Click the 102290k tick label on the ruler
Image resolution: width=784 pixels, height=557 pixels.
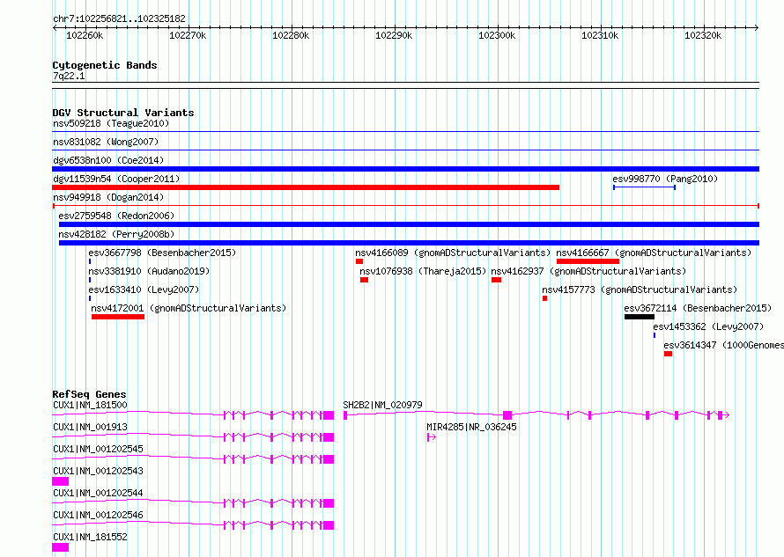[x=394, y=35]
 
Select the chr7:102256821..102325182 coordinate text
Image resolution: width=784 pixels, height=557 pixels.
[x=119, y=18]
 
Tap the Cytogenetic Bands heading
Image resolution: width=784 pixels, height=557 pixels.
[x=105, y=65]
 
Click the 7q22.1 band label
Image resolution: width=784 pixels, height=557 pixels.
[x=69, y=76]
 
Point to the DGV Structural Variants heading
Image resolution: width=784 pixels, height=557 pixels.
[x=123, y=113]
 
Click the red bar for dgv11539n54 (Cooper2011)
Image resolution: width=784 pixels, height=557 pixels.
[x=306, y=187]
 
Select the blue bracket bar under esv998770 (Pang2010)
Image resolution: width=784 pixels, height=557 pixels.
[x=645, y=187]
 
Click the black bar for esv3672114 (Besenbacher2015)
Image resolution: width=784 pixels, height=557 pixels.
[x=639, y=317]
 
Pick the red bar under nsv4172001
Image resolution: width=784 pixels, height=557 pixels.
[x=118, y=317]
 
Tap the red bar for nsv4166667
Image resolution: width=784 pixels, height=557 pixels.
[x=588, y=261]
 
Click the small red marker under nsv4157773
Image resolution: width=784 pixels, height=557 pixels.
[x=545, y=298]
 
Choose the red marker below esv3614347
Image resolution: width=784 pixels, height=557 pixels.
[x=668, y=354]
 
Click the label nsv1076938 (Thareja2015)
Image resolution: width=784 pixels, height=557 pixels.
[x=423, y=271]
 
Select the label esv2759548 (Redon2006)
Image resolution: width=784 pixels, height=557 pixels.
[x=116, y=216]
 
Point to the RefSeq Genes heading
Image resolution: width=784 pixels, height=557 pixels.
[x=89, y=394]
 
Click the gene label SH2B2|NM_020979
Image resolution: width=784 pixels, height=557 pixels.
[x=382, y=405]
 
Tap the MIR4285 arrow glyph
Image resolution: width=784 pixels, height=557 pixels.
[x=432, y=437]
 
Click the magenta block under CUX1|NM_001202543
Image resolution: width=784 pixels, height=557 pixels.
[x=61, y=481]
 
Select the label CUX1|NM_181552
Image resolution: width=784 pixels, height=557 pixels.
[x=90, y=537]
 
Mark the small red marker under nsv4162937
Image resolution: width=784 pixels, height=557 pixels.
[x=496, y=280]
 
